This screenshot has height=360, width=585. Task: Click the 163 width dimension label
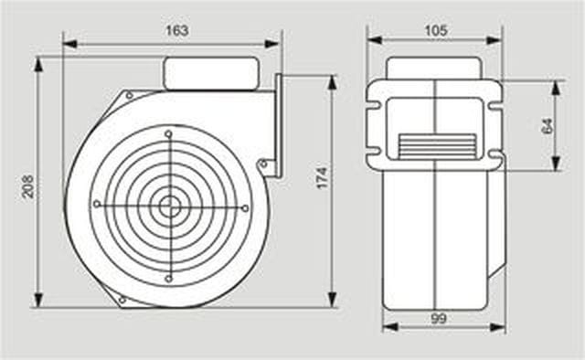pos(176,30)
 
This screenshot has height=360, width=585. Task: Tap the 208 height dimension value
pos(28,186)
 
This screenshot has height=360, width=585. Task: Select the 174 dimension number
pos(322,178)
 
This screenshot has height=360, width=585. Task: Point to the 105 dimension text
pos(436,30)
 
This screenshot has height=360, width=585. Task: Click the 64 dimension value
pos(547,126)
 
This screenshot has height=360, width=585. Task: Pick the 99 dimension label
pos(439,319)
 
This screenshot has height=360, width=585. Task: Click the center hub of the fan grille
pos(170,206)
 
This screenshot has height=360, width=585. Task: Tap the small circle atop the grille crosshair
pos(168,133)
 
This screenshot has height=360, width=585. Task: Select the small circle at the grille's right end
pos(245,208)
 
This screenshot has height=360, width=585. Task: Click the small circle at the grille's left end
pos(97,204)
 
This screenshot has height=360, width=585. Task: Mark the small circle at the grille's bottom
pos(168,279)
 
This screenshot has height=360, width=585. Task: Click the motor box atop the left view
pos(211,73)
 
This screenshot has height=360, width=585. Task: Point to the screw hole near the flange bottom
pos(263,164)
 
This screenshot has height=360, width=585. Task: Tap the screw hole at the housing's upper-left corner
pos(129,96)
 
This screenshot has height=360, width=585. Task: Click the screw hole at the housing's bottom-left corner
pos(122,300)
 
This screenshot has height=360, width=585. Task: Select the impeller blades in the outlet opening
pos(437,146)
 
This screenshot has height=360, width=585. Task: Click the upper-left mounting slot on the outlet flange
pos(374,106)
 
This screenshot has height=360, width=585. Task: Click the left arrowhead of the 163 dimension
pos(70,44)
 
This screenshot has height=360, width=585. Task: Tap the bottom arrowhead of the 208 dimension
pos(38,300)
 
